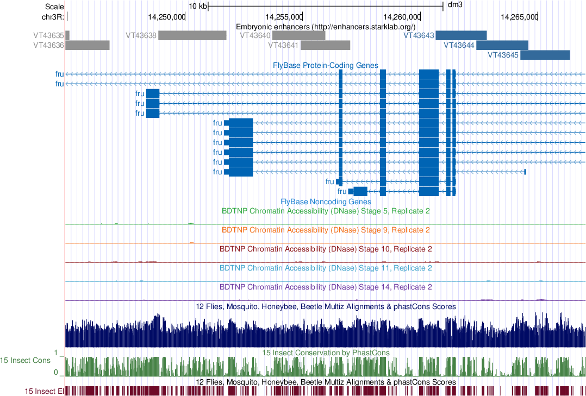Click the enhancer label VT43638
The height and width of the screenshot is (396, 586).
point(141,36)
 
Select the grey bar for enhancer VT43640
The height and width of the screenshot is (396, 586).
point(298,36)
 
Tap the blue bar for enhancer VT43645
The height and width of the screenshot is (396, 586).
point(545,55)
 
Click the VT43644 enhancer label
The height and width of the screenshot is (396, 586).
point(459,46)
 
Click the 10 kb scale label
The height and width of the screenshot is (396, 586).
point(198,6)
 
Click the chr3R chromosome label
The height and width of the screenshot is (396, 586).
point(52,17)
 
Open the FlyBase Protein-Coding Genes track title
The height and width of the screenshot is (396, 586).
point(326,65)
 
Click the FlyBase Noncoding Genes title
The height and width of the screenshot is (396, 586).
point(326,202)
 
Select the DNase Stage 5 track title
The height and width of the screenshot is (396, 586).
point(326,211)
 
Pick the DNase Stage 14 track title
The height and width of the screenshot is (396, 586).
point(326,287)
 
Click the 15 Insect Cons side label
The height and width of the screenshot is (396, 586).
point(25,360)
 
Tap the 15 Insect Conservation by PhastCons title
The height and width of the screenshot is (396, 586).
point(326,353)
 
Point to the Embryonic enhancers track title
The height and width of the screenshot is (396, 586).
point(326,27)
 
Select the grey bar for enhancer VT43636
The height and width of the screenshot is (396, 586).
point(88,45)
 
